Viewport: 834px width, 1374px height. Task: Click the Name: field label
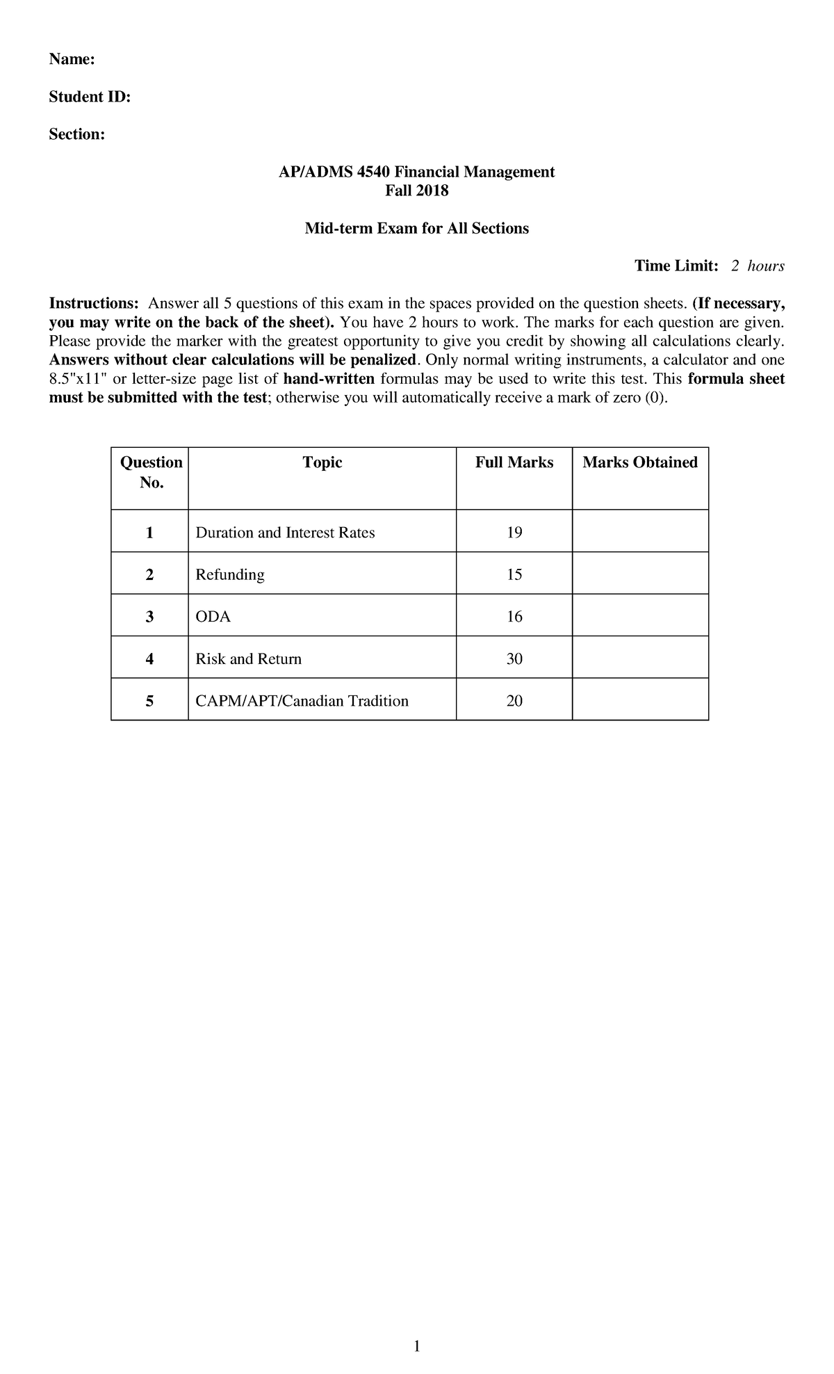point(71,60)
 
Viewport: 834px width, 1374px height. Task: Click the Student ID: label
point(89,97)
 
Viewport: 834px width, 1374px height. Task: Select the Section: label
point(76,135)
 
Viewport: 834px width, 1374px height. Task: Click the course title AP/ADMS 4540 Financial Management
point(416,172)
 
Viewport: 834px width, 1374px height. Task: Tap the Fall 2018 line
point(416,191)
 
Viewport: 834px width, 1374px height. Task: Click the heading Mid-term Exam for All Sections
point(416,229)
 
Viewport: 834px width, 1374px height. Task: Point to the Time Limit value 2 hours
point(757,266)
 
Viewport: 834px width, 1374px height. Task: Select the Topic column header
point(322,463)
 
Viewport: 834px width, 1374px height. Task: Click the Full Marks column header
point(514,463)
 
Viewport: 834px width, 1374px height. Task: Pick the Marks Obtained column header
point(639,463)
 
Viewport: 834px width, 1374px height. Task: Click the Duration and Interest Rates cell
point(285,533)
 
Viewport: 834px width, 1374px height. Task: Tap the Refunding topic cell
point(230,575)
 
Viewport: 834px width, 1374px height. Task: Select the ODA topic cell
point(213,617)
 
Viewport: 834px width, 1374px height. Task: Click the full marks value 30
point(514,659)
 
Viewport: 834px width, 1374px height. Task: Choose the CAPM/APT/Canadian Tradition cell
point(302,701)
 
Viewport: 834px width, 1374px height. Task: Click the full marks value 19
point(514,533)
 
